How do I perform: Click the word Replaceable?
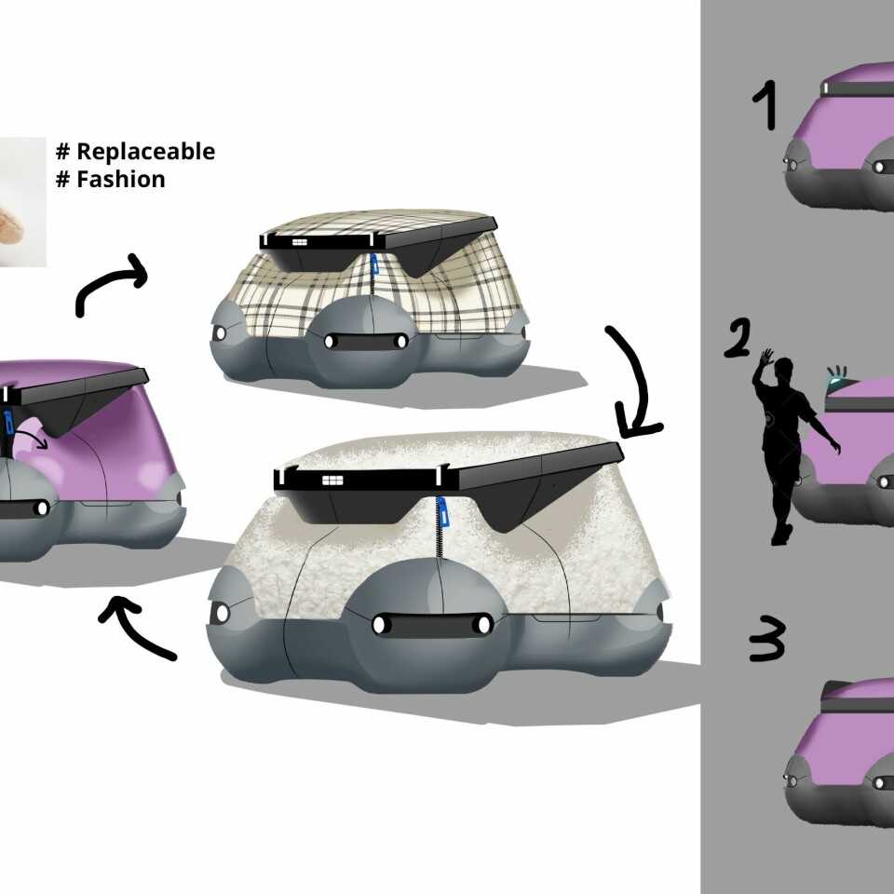tap(145, 152)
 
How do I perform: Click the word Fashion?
tap(121, 179)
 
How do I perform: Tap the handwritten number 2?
tap(738, 338)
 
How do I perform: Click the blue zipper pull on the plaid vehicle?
tap(374, 264)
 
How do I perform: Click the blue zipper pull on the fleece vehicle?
tap(441, 511)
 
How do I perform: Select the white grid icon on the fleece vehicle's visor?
tap(332, 481)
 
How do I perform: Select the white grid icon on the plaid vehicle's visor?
tap(299, 242)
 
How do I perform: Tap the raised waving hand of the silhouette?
tap(766, 358)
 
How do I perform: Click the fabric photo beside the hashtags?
tap(22, 202)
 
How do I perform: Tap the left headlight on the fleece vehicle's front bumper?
tap(379, 624)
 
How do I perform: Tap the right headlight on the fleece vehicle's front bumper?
tap(482, 624)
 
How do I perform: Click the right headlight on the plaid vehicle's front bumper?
tap(400, 342)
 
